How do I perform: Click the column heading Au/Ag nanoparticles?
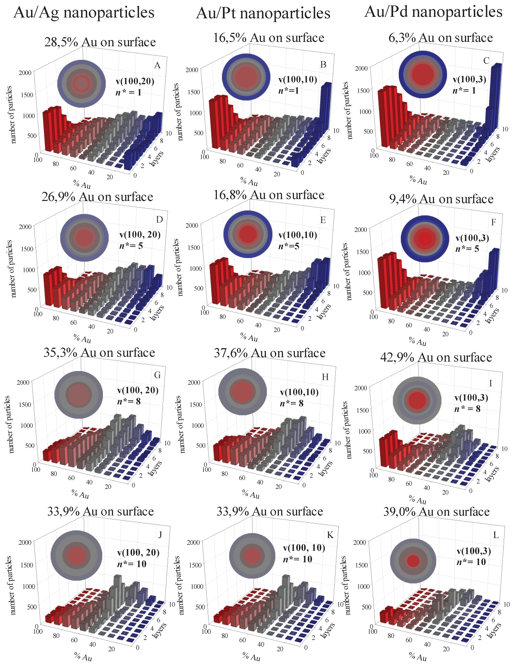[x=84, y=13]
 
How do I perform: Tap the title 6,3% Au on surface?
[x=440, y=38]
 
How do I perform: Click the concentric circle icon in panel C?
[x=423, y=74]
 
